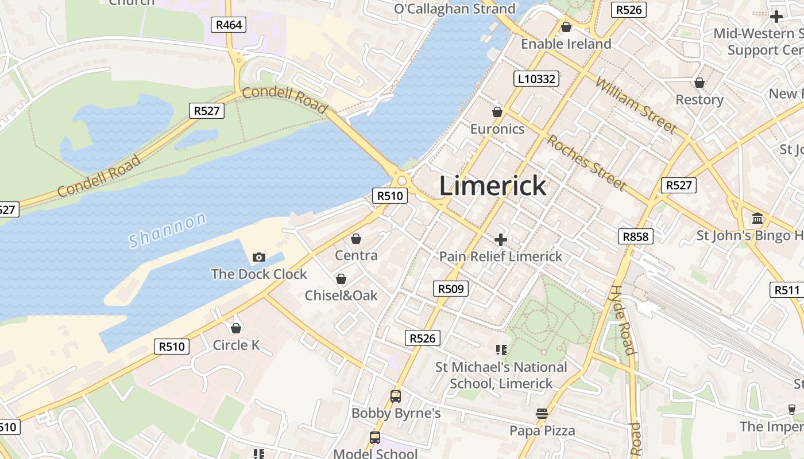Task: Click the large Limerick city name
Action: coord(493,186)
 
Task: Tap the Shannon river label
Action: coord(167,230)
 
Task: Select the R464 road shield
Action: coord(229,25)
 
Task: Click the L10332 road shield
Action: coord(536,79)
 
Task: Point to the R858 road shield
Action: coord(636,236)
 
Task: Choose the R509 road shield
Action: coord(450,289)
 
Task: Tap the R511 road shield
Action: coord(786,290)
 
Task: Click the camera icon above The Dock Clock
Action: coord(259,258)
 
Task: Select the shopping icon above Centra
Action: coord(356,239)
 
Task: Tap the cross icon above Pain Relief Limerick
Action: coord(501,239)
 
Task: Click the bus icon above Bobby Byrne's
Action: coord(396,396)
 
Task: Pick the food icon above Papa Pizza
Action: coord(542,414)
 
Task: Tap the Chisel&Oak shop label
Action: coord(341,295)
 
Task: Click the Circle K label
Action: coord(236,345)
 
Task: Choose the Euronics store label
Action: coord(497,129)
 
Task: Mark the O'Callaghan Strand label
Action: coord(455,9)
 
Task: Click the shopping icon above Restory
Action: coord(699,83)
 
